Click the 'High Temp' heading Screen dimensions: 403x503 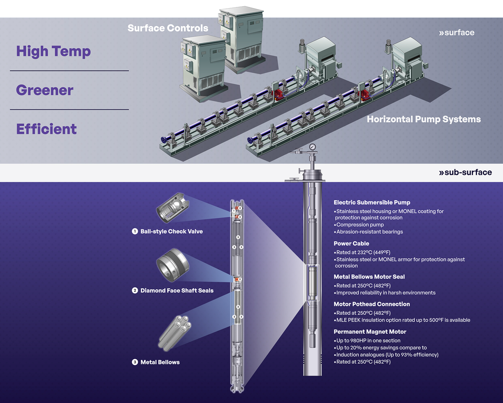pos(53,51)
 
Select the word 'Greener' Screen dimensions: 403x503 pos(45,90)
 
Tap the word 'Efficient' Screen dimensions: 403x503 pos(46,129)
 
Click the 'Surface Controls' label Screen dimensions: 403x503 pos(168,28)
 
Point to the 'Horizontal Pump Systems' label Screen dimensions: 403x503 pos(424,119)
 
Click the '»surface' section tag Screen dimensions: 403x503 pos(456,33)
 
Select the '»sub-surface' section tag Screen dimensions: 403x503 pos(465,172)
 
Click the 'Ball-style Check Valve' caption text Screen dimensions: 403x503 pos(171,231)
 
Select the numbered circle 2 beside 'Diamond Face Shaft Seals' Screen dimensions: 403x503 pos(135,291)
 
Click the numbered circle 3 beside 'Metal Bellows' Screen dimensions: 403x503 pos(135,362)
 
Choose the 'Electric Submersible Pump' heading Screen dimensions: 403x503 pos(372,202)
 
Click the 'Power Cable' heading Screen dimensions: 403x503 pos(351,244)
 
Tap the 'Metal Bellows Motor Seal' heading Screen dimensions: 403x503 pos(369,277)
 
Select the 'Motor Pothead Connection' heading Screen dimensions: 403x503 pos(372,304)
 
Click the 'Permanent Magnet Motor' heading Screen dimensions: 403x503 pos(370,332)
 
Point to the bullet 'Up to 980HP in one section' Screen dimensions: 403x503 pos(368,340)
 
